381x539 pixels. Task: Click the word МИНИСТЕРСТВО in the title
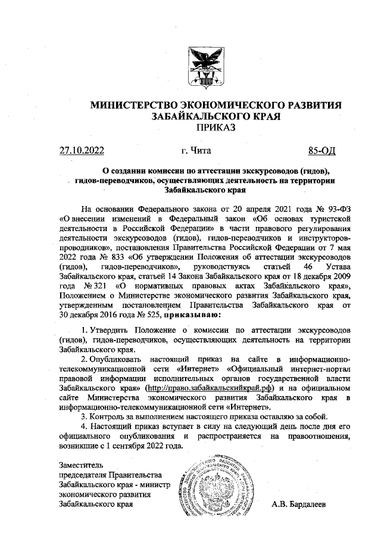(146, 105)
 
